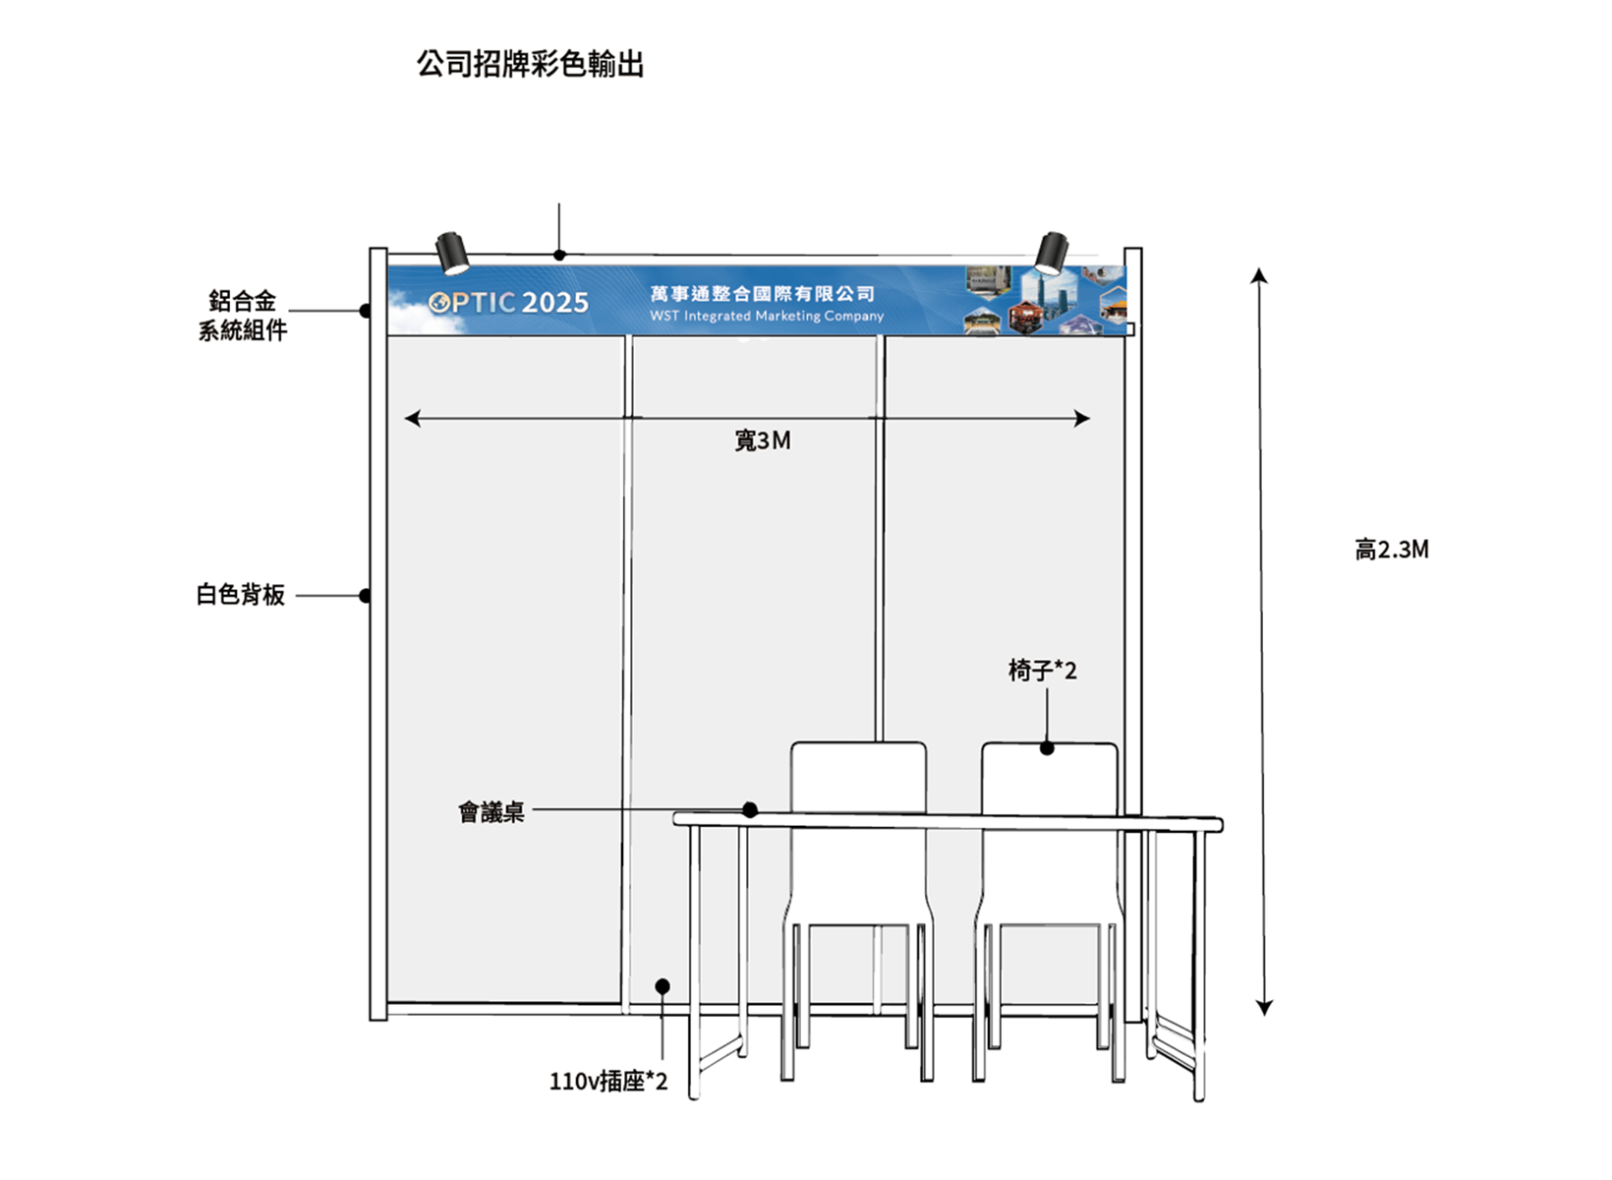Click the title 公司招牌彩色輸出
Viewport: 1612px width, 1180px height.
coord(530,65)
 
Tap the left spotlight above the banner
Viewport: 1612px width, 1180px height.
coord(452,253)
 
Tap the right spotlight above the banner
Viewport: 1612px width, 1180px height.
coord(1051,253)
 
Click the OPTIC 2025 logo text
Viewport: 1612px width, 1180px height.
coord(509,303)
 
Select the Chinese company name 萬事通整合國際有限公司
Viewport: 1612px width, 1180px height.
coord(762,294)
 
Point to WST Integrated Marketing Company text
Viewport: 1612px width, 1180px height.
coord(767,317)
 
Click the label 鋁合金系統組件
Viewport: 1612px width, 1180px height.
coord(243,316)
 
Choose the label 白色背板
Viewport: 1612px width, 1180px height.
coord(241,595)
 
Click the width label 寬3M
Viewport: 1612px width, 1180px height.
coord(763,441)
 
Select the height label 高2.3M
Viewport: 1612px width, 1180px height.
coord(1392,550)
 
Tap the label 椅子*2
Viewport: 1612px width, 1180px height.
coord(1042,671)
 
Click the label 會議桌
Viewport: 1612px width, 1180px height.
coord(491,812)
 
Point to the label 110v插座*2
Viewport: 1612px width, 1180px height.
coord(607,1082)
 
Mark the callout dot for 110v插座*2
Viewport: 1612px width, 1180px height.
coord(662,986)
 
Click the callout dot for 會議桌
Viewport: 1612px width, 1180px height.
coord(750,810)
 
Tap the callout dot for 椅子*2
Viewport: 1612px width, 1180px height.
coord(1047,748)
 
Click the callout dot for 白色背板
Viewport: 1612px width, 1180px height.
coord(365,596)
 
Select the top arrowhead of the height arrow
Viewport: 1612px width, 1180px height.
coord(1259,275)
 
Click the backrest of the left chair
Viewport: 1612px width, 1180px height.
coord(858,777)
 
